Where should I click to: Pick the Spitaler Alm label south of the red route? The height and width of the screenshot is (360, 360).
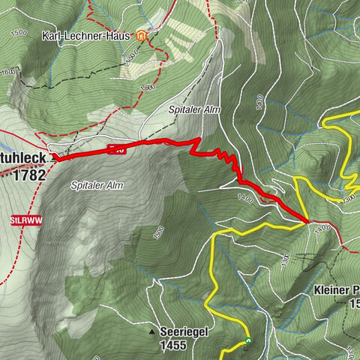(97, 184)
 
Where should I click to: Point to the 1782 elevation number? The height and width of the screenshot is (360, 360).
(28, 175)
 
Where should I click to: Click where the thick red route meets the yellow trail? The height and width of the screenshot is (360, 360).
(307, 222)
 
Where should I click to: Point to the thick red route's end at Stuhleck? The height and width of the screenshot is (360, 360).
(55, 157)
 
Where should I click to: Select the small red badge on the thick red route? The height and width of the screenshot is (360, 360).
(116, 149)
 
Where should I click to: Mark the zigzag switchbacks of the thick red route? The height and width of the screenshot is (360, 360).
(225, 157)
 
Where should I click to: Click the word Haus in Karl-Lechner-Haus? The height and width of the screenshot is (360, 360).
(119, 35)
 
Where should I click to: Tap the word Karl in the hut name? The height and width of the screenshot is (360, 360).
(52, 35)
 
